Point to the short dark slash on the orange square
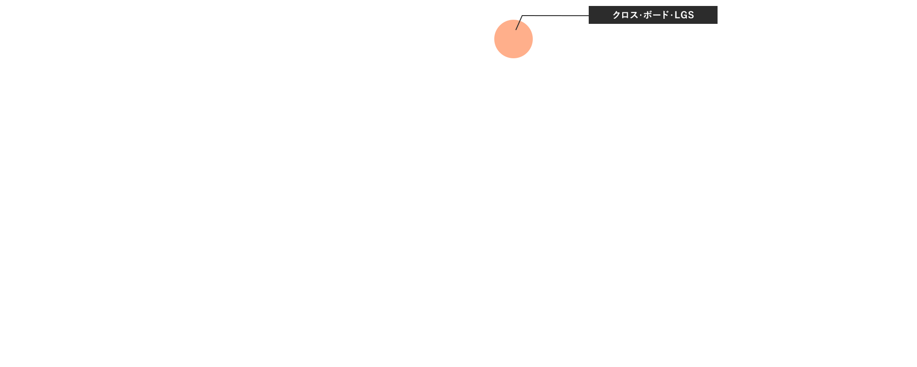click(518, 25)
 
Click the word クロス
click(625, 15)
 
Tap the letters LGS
click(685, 15)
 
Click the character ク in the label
click(617, 15)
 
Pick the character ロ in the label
click(625, 15)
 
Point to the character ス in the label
click(634, 15)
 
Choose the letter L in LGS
click(677, 15)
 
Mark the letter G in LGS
click(684, 15)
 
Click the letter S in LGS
click(691, 15)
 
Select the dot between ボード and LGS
click(671, 15)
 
